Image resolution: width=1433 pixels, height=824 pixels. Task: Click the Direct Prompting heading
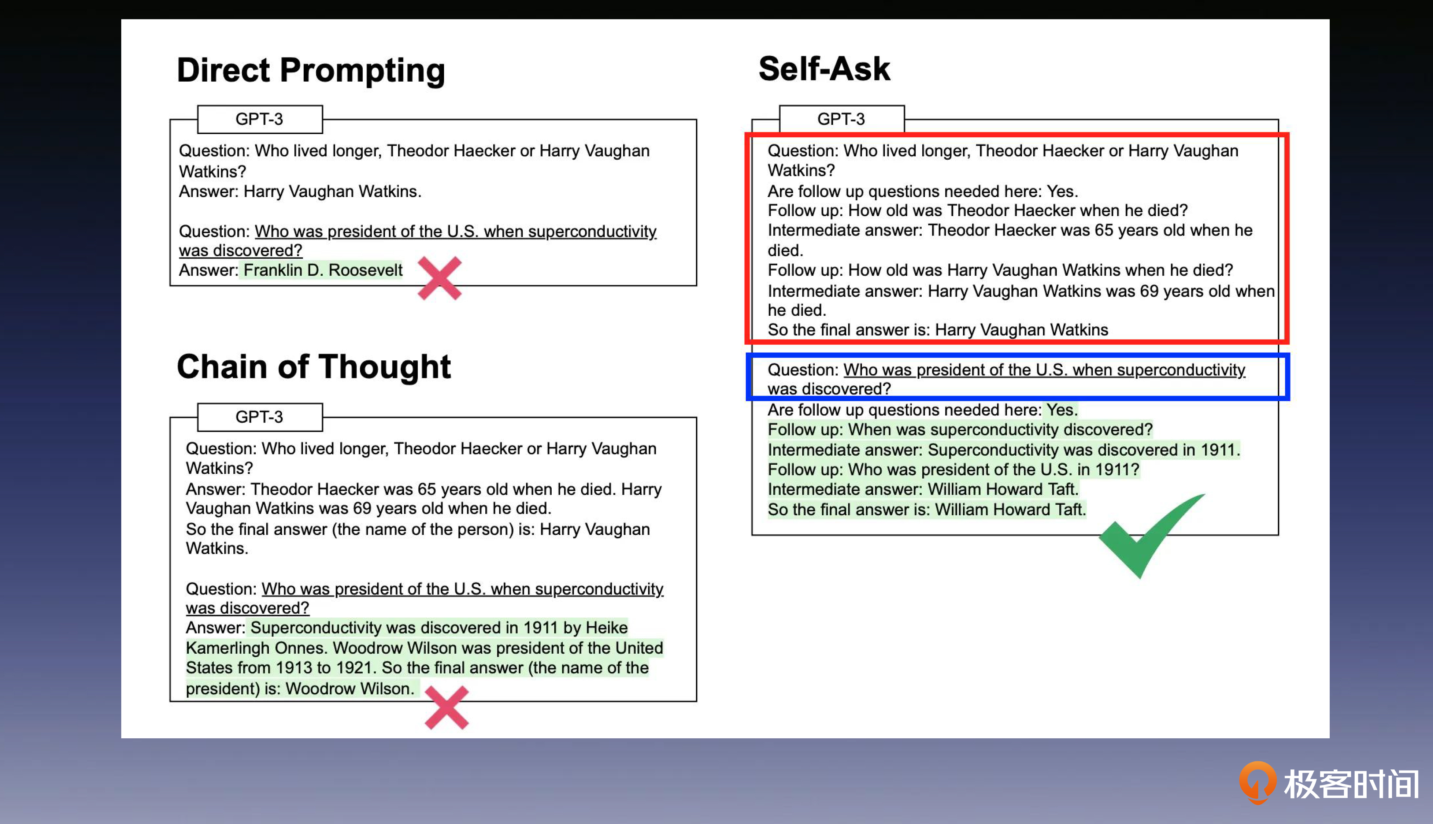pyautogui.click(x=311, y=71)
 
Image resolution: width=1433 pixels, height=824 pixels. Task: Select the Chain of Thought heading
pyautogui.click(x=314, y=367)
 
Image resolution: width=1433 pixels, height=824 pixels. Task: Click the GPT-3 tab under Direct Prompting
pyautogui.click(x=260, y=119)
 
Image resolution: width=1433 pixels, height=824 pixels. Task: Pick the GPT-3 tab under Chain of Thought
pyautogui.click(x=260, y=417)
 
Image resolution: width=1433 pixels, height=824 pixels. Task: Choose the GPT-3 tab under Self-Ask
pyautogui.click(x=841, y=119)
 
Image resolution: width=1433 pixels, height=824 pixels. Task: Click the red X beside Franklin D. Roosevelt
pyautogui.click(x=440, y=278)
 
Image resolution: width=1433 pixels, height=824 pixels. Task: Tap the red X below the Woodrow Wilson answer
pyautogui.click(x=447, y=708)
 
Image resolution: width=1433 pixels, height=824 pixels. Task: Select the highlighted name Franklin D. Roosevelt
pyautogui.click(x=323, y=270)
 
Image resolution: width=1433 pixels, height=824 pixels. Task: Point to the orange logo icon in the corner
pyautogui.click(x=1258, y=783)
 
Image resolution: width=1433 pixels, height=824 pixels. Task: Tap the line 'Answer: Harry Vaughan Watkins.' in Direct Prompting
pyautogui.click(x=300, y=191)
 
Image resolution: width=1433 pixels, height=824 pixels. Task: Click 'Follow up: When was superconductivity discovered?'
pyautogui.click(x=960, y=430)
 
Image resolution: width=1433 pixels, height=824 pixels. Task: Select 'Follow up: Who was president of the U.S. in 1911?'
pyautogui.click(x=954, y=470)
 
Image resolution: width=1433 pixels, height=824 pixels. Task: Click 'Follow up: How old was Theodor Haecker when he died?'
pyautogui.click(x=977, y=211)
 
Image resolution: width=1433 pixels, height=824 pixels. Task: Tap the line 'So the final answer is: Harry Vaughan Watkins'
pyautogui.click(x=938, y=330)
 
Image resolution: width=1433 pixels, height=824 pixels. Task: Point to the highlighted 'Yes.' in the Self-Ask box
pyautogui.click(x=1062, y=410)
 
